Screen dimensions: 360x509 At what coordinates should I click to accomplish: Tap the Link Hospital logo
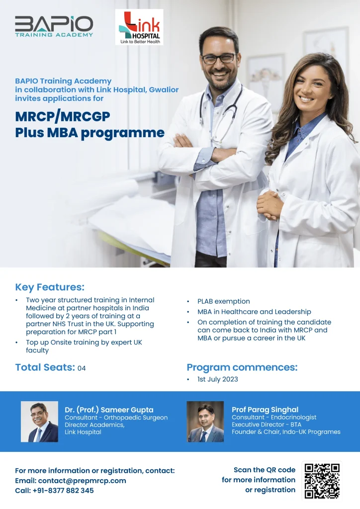click(139, 27)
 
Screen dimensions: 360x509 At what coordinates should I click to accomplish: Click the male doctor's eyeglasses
click(218, 59)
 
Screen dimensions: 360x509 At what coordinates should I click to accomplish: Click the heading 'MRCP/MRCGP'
click(63, 116)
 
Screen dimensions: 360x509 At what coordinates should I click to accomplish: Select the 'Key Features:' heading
click(50, 287)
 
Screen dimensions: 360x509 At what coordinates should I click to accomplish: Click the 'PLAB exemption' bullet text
click(224, 302)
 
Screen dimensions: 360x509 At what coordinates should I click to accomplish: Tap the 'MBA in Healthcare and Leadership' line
click(254, 312)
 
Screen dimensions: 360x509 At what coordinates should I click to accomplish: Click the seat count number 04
click(82, 368)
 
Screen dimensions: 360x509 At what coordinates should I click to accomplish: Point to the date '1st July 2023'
click(217, 379)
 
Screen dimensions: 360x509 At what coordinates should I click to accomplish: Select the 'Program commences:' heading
click(242, 367)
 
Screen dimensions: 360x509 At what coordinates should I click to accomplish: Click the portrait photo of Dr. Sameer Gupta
click(40, 422)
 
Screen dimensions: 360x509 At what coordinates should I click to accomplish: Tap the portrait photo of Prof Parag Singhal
click(205, 422)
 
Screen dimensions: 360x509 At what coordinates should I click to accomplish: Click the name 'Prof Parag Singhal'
click(265, 410)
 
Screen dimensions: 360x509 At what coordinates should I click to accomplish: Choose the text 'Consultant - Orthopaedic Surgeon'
click(116, 418)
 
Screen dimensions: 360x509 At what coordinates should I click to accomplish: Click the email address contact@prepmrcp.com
click(82, 481)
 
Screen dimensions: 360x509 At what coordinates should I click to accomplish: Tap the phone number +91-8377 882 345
click(63, 491)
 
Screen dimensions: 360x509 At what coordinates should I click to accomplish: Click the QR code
click(322, 481)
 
